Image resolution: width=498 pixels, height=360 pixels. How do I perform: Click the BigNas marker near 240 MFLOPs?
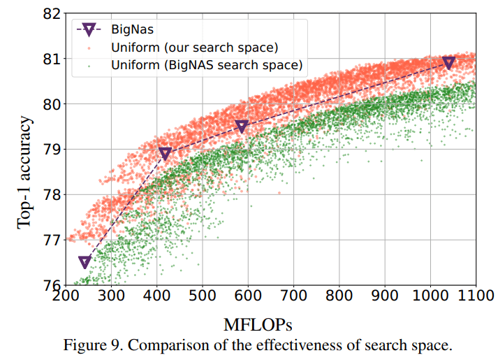tap(85, 262)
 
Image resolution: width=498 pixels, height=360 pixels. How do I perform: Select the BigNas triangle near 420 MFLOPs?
tap(166, 154)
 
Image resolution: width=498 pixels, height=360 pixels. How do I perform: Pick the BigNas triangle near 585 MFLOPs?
tap(242, 127)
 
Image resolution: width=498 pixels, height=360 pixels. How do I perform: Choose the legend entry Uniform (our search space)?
tap(194, 48)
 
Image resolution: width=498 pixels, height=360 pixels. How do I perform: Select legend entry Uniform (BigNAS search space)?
tap(206, 66)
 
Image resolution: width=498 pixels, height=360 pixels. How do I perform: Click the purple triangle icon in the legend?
tap(89, 29)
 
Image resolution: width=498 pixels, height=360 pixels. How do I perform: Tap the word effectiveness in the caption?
tap(277, 346)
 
